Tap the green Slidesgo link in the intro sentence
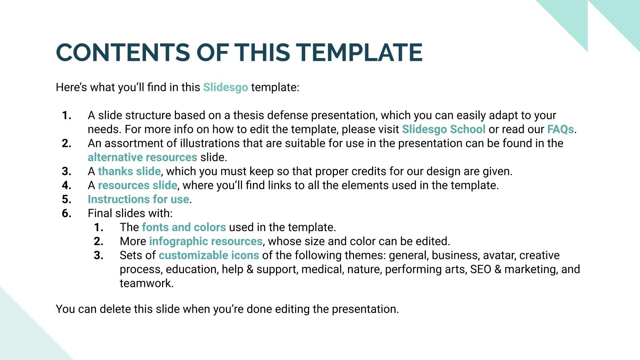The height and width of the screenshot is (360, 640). tap(225, 87)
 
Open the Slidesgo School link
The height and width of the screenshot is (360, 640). tap(443, 129)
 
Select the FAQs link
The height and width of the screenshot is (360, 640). tap(560, 129)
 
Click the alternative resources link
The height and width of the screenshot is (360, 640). tap(142, 157)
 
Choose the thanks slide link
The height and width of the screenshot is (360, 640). tap(129, 171)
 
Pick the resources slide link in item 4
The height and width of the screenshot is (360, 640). tap(137, 185)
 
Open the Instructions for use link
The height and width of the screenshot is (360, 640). tap(138, 199)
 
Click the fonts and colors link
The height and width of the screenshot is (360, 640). tap(184, 227)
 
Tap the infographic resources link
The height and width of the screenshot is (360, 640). tap(206, 241)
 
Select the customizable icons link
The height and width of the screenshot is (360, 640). tap(208, 255)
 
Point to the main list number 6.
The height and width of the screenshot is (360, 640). tap(67, 213)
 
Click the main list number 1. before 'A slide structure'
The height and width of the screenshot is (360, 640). tap(67, 116)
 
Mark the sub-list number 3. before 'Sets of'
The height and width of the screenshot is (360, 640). tap(99, 255)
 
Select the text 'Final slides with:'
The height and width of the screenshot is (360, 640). tap(130, 213)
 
